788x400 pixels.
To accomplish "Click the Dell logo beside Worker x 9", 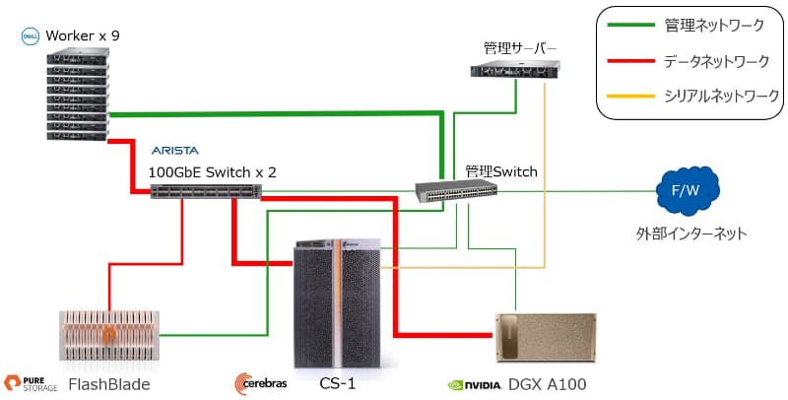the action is tap(31, 36).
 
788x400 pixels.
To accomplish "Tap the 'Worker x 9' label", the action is tap(83, 36).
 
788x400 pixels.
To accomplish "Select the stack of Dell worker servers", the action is tap(78, 94).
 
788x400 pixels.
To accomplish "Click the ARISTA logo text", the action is tap(175, 151).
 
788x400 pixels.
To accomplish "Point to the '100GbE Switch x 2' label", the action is tap(212, 172).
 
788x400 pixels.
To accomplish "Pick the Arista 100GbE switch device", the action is tap(206, 191).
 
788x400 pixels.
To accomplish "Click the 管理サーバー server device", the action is tap(515, 69).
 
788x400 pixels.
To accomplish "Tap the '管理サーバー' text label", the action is tap(520, 48).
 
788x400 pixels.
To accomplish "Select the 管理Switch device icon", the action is tap(456, 190).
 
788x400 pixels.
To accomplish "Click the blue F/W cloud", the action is tap(688, 191).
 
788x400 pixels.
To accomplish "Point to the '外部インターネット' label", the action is tap(691, 233).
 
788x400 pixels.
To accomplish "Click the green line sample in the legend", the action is tap(630, 25).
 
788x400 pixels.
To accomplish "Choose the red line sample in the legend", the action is tap(630, 61).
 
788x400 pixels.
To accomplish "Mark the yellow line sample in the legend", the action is tap(630, 96).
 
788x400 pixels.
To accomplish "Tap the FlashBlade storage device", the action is tap(109, 335).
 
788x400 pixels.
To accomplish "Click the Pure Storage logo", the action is tap(31, 384).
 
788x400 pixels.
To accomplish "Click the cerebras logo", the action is tap(260, 384).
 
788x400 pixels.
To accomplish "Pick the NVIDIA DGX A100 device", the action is tap(546, 337).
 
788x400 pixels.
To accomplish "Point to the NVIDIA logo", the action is tap(475, 385).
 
